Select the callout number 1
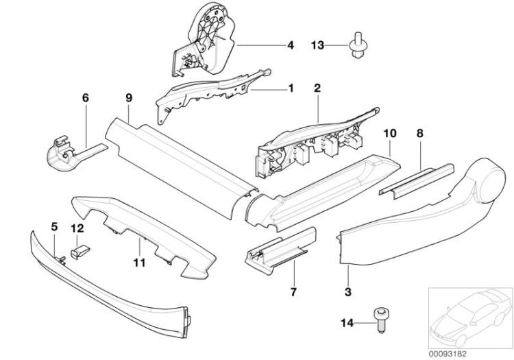(x=290, y=88)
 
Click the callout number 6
(x=86, y=98)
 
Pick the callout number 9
(x=128, y=98)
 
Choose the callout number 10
(x=390, y=130)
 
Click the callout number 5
(x=53, y=226)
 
